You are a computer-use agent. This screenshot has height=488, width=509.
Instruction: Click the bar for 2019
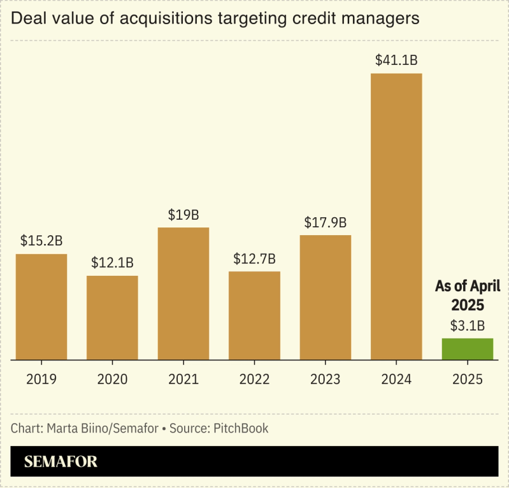click(41, 306)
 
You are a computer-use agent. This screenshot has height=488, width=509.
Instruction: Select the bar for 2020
click(112, 317)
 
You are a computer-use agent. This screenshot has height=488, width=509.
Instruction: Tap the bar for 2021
click(183, 293)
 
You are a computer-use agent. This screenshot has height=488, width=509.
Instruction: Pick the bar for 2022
click(254, 315)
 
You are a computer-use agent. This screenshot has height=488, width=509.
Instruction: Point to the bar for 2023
click(325, 297)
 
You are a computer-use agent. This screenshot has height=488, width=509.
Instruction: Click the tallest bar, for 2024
click(396, 217)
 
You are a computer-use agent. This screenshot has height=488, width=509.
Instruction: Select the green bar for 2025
click(468, 349)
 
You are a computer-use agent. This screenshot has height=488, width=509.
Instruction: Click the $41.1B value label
click(396, 61)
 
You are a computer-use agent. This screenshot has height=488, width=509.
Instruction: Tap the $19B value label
click(183, 215)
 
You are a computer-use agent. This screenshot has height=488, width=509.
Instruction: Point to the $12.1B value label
click(112, 262)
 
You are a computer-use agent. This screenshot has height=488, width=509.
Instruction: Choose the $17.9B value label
click(325, 222)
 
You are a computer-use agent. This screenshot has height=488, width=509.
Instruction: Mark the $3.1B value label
click(468, 326)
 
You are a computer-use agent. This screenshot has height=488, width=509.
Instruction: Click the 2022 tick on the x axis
click(254, 380)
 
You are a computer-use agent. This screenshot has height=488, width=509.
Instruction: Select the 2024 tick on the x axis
click(396, 380)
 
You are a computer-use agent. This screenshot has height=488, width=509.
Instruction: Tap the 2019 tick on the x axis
click(41, 380)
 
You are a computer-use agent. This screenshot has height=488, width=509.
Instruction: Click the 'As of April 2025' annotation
click(468, 294)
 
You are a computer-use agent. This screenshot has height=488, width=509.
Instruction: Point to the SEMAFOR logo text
click(61, 462)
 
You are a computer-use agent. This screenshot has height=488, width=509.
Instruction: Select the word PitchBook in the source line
click(241, 428)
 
